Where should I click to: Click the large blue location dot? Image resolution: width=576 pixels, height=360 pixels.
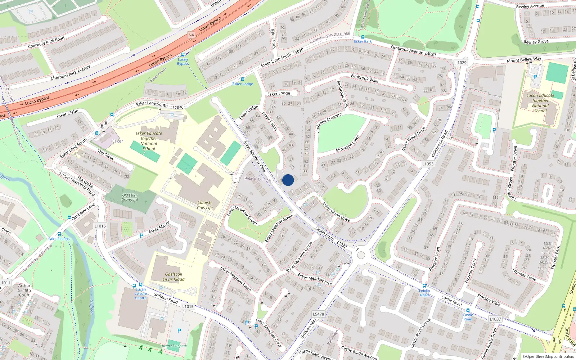click(x=288, y=180)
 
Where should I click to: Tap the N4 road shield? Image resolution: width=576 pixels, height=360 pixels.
click(x=191, y=35)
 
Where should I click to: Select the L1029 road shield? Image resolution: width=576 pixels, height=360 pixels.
click(x=460, y=62)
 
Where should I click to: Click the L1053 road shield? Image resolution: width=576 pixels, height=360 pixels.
click(x=428, y=164)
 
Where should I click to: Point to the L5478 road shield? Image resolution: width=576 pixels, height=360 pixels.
click(x=318, y=314)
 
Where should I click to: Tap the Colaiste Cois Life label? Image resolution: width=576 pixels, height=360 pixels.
click(x=205, y=205)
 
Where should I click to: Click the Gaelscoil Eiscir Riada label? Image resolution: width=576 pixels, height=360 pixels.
click(x=174, y=276)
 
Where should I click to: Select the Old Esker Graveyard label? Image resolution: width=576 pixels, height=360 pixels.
click(x=130, y=197)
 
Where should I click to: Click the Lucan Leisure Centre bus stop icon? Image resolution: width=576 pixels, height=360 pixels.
click(x=141, y=285)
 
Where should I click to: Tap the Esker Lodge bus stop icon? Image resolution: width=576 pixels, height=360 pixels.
click(x=242, y=79)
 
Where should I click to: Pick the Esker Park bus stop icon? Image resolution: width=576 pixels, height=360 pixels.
click(x=363, y=37)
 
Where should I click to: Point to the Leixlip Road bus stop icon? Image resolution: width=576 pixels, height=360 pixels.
click(x=424, y=286)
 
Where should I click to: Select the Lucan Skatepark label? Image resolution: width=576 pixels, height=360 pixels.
click(x=174, y=346)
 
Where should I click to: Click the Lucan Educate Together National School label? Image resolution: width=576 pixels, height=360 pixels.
click(x=540, y=103)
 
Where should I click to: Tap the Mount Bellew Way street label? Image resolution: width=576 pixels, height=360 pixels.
click(x=524, y=60)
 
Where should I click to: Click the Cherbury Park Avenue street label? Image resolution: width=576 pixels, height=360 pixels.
click(x=71, y=73)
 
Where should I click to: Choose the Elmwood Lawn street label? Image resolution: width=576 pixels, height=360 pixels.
click(x=347, y=144)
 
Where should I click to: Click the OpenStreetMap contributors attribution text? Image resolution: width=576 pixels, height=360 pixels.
click(x=548, y=356)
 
